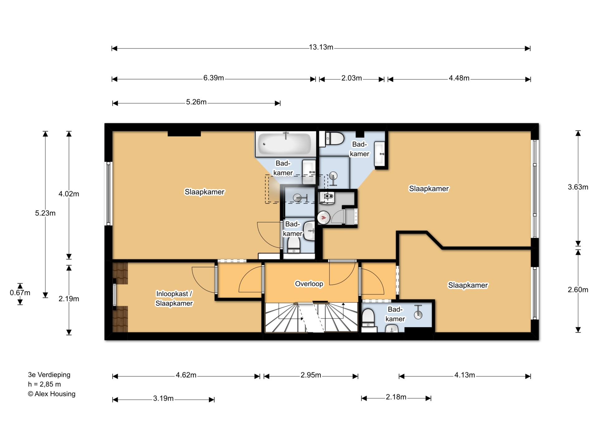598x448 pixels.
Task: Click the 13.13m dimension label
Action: pos(321,47)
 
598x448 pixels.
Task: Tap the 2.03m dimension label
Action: pos(352,78)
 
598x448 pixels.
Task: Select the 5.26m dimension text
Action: pos(196,102)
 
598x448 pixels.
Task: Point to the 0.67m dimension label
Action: pos(20,293)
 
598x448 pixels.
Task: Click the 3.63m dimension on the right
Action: pos(578,187)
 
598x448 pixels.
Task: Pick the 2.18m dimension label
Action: pos(396,397)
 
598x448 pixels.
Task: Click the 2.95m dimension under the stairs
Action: pos(311,375)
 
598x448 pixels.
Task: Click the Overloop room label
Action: pos(309,284)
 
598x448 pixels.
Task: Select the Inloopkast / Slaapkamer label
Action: pos(174,298)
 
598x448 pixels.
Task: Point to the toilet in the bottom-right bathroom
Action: pos(368,317)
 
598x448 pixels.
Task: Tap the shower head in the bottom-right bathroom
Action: pos(418,312)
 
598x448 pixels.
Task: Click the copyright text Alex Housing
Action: pos(52,394)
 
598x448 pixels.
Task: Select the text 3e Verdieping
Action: pos(49,375)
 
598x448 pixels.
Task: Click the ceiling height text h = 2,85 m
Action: pos(44,384)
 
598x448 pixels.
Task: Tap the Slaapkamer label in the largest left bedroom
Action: pos(205,192)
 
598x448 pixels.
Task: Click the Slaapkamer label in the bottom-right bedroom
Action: pos(468,285)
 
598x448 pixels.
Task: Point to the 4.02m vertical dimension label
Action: pos(69,194)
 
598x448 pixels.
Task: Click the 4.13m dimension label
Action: pos(465,375)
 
